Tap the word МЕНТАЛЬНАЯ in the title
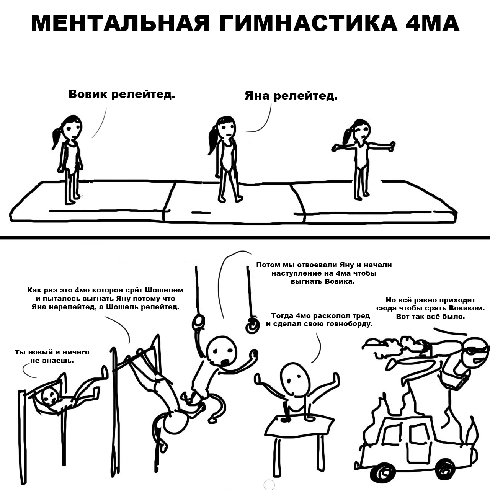(120, 23)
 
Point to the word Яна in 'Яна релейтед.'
(257, 96)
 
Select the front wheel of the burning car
(381, 472)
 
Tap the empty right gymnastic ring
(252, 327)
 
